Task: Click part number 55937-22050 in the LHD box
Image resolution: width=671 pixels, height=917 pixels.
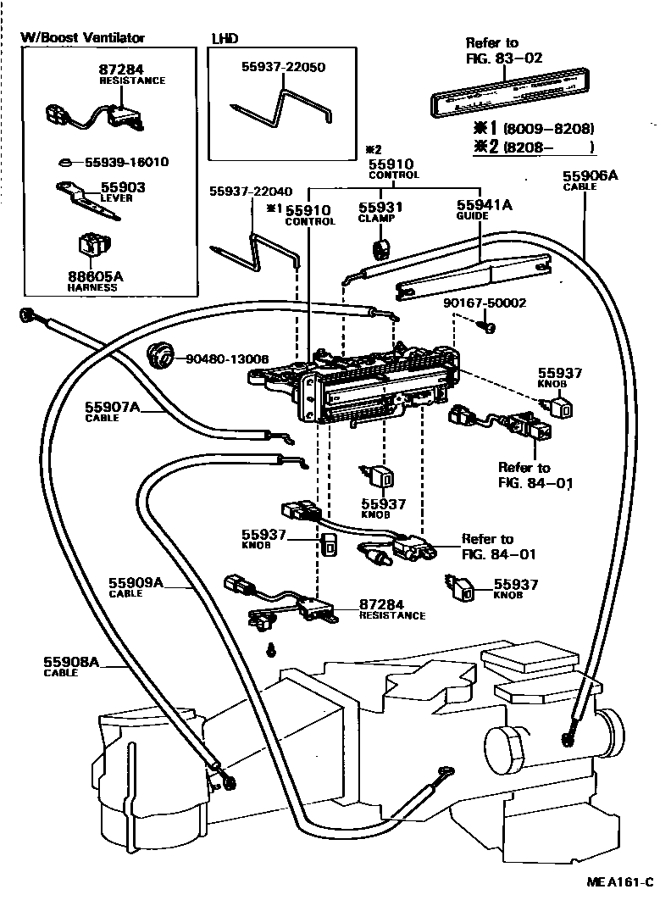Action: (x=284, y=67)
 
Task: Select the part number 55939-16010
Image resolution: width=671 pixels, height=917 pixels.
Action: (x=127, y=162)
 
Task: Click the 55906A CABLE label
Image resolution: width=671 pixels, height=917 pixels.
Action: (x=590, y=181)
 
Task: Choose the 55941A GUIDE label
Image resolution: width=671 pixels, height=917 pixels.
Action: (x=484, y=209)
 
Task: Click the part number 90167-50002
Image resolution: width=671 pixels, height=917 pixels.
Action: (x=485, y=303)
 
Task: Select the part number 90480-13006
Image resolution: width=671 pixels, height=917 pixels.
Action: (x=227, y=358)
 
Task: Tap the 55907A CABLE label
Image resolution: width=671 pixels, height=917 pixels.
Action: (x=112, y=411)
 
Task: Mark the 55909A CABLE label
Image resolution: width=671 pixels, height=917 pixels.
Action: (x=136, y=587)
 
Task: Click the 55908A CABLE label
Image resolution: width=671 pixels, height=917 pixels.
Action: (x=71, y=667)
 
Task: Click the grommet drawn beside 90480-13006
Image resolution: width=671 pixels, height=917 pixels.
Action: (x=159, y=354)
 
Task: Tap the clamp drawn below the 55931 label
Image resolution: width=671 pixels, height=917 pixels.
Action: (x=380, y=248)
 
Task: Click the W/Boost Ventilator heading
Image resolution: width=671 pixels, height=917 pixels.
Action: (x=82, y=38)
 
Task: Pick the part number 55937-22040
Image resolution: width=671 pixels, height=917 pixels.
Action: (x=252, y=192)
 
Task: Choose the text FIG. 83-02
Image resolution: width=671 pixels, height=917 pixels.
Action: (x=504, y=58)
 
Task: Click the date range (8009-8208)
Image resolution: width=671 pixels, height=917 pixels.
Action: (x=548, y=129)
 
